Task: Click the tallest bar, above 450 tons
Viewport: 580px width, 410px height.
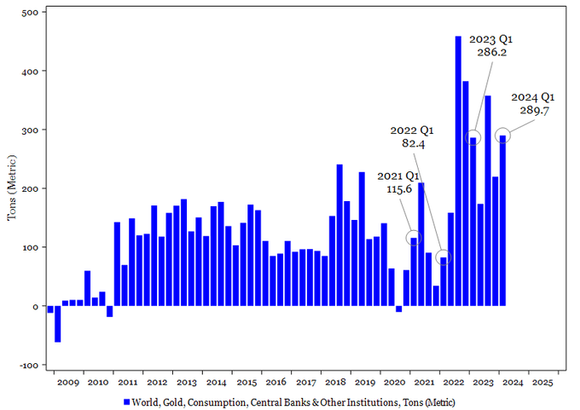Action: coord(459,170)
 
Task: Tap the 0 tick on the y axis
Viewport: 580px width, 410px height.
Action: coord(34,306)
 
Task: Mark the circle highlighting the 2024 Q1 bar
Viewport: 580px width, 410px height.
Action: coord(503,135)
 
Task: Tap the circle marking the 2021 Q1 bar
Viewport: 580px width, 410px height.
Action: coord(414,238)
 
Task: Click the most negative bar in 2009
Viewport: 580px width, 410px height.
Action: coord(58,324)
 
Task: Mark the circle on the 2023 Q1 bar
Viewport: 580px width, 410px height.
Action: coord(473,137)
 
